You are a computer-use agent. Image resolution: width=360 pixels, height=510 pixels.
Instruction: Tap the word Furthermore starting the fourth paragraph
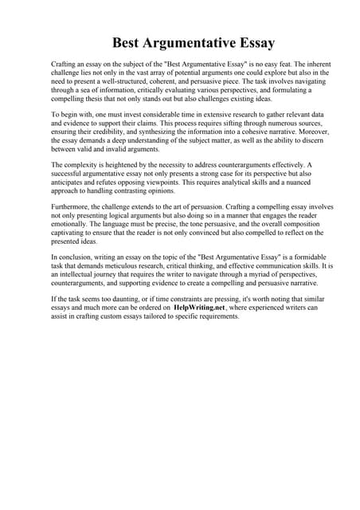pos(72,205)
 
